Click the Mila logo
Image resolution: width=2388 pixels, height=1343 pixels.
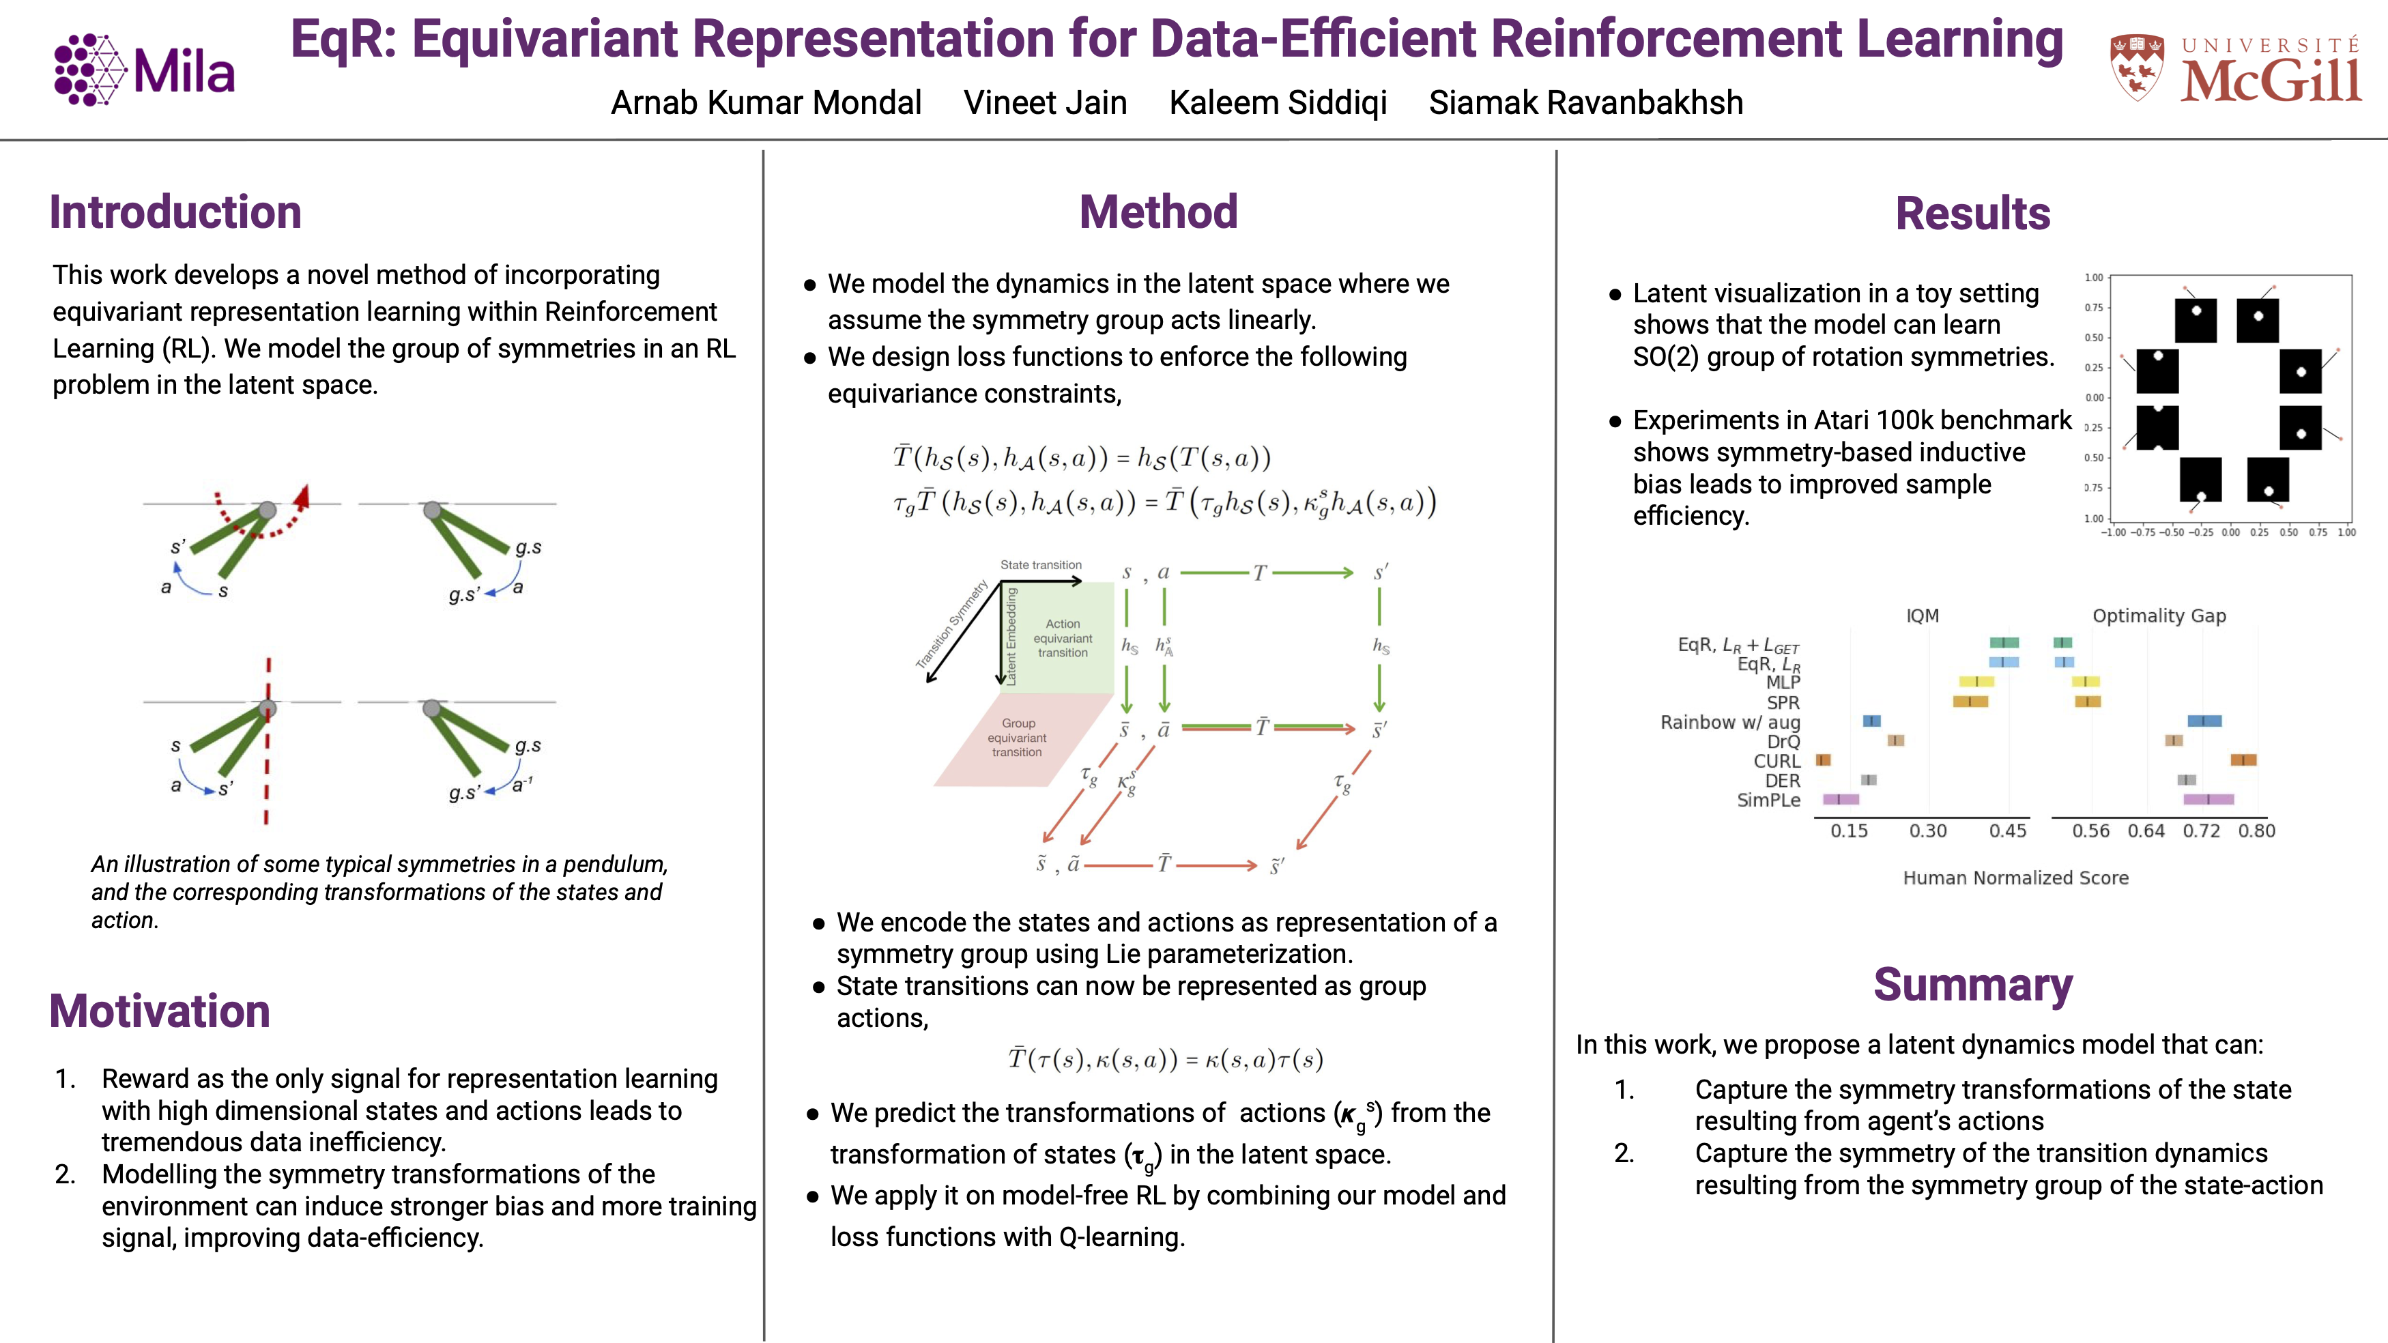(145, 70)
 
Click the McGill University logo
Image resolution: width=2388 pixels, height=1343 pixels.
(2234, 69)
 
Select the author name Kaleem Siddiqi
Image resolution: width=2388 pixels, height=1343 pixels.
(1278, 103)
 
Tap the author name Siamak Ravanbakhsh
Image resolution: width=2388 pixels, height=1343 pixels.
(1585, 103)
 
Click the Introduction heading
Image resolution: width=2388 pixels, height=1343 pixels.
(175, 212)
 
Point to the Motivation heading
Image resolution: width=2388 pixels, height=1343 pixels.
(160, 1011)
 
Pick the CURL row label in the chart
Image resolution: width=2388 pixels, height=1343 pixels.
(1776, 761)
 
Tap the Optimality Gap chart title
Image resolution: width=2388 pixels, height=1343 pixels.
(2159, 616)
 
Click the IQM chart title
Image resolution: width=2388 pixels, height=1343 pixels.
(1922, 616)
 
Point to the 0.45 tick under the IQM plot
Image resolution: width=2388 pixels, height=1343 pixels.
(2007, 831)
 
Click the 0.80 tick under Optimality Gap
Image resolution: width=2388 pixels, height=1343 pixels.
(2256, 831)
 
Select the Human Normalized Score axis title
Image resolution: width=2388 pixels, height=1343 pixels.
(2015, 878)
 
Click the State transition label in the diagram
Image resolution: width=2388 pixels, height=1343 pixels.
(1041, 564)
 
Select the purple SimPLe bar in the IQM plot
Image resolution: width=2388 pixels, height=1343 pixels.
(1840, 799)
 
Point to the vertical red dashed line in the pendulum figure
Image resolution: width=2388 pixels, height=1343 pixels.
(267, 740)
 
